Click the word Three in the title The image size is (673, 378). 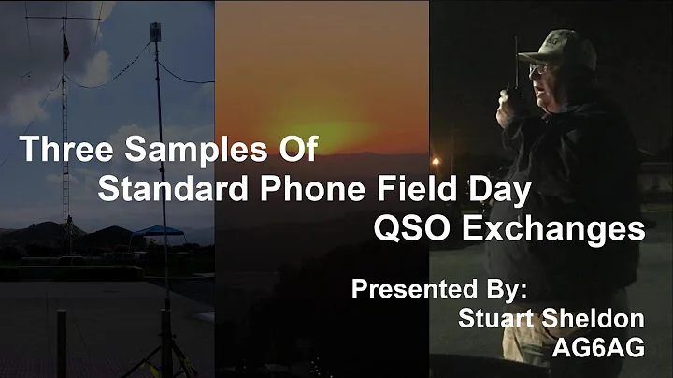tap(60, 149)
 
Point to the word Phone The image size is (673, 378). tap(306, 189)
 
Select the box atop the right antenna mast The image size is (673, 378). tap(155, 31)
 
